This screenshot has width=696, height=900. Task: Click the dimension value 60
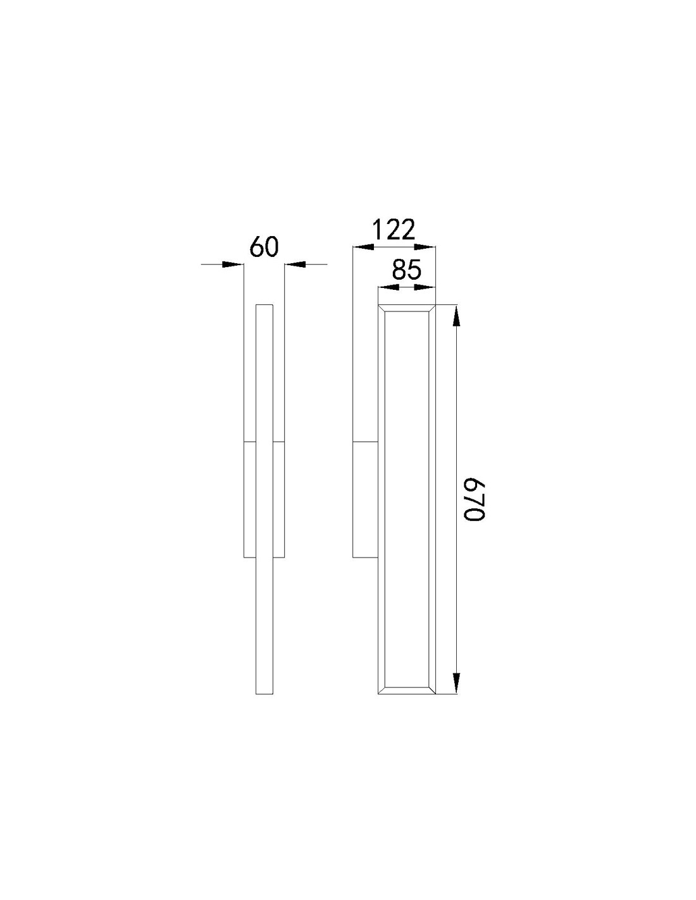[264, 246]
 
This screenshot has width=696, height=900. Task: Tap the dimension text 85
[406, 270]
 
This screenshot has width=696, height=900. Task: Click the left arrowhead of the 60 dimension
[234, 264]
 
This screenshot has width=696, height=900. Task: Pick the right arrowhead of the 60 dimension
[294, 264]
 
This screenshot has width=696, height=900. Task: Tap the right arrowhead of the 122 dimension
[426, 247]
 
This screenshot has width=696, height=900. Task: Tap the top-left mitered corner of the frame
[382, 309]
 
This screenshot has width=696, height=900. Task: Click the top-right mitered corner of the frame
[432, 309]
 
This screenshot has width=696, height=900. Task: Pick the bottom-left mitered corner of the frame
[382, 690]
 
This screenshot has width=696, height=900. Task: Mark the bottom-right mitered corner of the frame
[432, 690]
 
